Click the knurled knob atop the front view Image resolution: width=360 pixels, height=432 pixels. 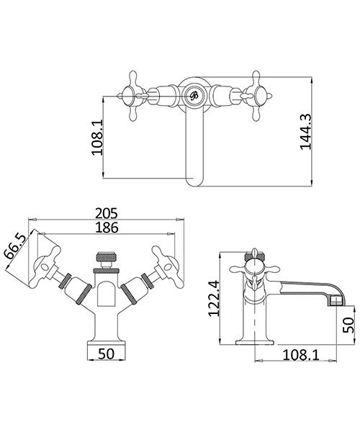pyautogui.click(x=106, y=260)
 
